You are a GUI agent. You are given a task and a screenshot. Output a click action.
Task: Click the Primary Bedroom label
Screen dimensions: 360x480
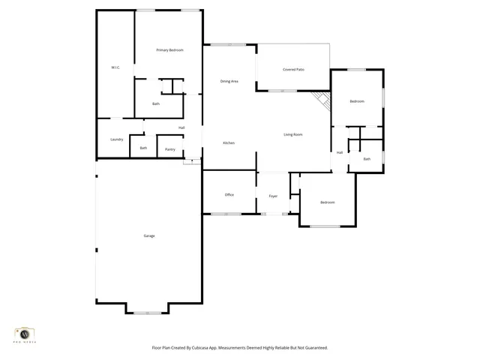coord(169,50)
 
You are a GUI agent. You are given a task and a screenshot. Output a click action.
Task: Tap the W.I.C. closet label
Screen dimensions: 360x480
coord(115,67)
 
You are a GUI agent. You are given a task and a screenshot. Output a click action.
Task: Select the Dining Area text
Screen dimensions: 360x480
coord(229,81)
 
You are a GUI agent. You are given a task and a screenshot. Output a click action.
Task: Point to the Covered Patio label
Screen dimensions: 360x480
coord(293,70)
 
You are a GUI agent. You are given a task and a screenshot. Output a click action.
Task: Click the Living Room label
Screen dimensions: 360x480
coord(292,134)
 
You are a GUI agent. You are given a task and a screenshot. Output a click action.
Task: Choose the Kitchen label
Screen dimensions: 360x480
coord(229,142)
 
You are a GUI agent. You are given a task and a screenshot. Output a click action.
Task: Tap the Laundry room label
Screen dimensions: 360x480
coord(116,139)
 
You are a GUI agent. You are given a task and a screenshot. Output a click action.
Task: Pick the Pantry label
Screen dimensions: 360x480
coord(170,149)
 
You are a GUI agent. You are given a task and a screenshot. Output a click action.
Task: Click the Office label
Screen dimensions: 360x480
coord(229,195)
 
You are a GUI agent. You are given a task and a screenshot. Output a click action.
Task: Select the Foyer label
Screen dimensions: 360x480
coord(273,196)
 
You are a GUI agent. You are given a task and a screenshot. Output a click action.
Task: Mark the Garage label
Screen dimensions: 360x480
coord(148,235)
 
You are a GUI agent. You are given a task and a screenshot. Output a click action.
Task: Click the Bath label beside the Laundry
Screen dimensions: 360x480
coord(143,148)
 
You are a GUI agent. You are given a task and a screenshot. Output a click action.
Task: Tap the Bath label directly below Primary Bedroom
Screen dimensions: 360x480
coord(156,103)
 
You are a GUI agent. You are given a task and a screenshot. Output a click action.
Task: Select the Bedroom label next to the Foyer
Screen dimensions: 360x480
coord(328,202)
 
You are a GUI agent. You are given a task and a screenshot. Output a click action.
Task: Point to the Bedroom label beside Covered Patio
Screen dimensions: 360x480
coord(357,101)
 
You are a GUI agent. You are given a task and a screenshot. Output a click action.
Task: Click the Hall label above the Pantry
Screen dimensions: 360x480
coord(181,127)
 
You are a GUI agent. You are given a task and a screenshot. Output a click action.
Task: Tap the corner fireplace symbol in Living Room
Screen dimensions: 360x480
coord(322,100)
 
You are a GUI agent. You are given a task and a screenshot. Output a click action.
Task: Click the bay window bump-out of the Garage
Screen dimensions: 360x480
coord(147,310)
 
